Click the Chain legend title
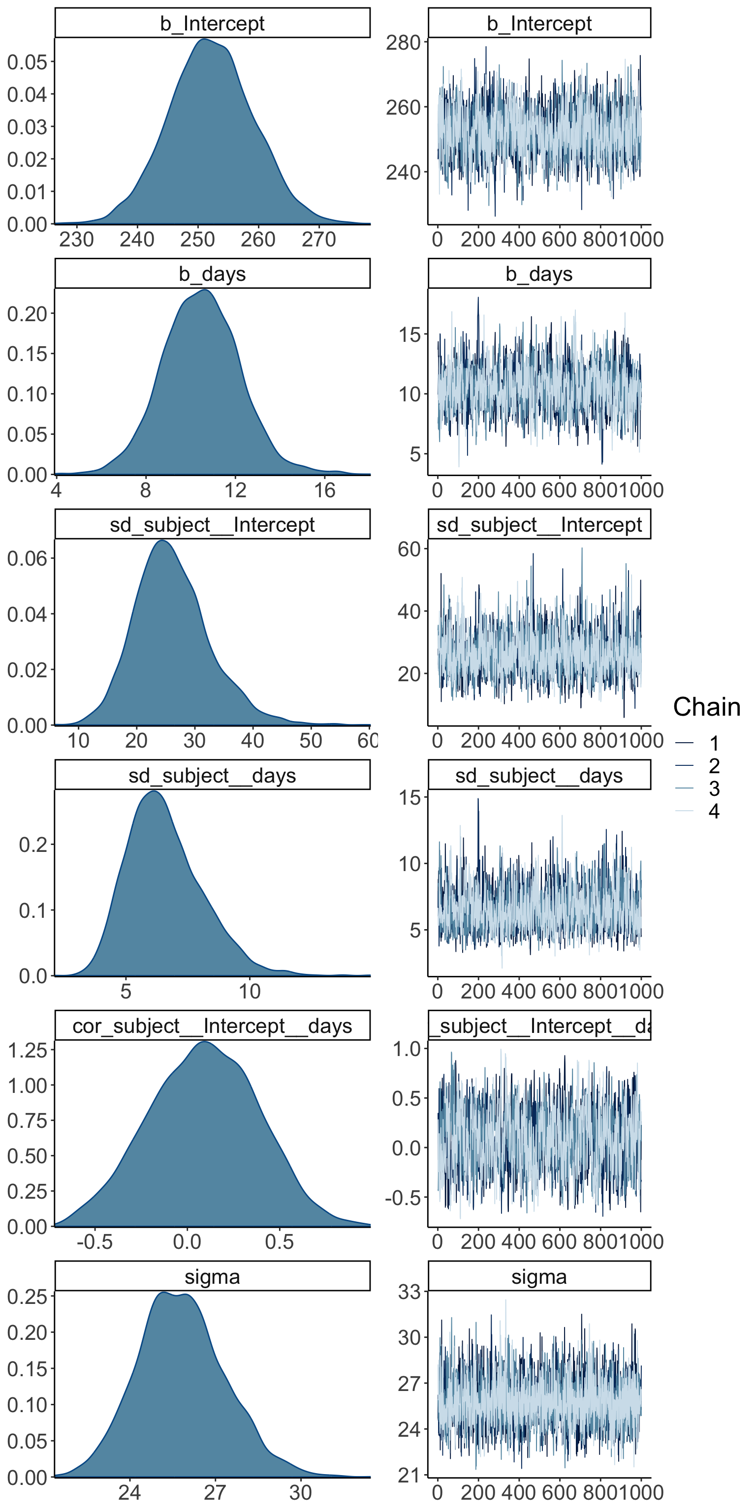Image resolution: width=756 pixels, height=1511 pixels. tap(706, 707)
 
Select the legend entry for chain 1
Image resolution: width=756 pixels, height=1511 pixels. tap(713, 744)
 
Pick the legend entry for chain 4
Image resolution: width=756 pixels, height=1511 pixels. tap(713, 811)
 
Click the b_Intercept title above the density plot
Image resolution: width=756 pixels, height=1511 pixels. tap(212, 24)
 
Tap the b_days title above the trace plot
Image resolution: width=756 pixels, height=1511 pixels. tap(539, 274)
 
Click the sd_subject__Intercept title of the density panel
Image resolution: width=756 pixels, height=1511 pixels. tap(212, 524)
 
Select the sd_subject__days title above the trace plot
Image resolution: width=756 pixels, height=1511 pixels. tap(539, 776)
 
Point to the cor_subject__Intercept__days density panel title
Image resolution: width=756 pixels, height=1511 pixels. tap(212, 1026)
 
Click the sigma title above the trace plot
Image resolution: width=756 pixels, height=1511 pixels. tap(539, 1277)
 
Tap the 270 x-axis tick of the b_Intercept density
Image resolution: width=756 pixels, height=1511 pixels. tap(319, 240)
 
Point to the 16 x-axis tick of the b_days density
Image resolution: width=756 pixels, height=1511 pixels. tap(324, 490)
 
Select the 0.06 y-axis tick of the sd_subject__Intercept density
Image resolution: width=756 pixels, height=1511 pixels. tap(27, 558)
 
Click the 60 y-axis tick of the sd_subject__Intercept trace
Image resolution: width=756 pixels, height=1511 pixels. tap(409, 549)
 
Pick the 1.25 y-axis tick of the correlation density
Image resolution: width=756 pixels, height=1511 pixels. tap(27, 1050)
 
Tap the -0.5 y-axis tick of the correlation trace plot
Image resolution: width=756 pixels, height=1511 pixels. tap(403, 1198)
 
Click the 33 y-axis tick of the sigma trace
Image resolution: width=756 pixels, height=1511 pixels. tap(409, 1292)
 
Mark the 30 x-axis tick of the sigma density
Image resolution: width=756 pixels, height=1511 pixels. tap(301, 1493)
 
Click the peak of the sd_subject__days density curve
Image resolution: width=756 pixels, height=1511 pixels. tap(154, 791)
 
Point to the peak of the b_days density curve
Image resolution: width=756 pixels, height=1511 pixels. tap(204, 290)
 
